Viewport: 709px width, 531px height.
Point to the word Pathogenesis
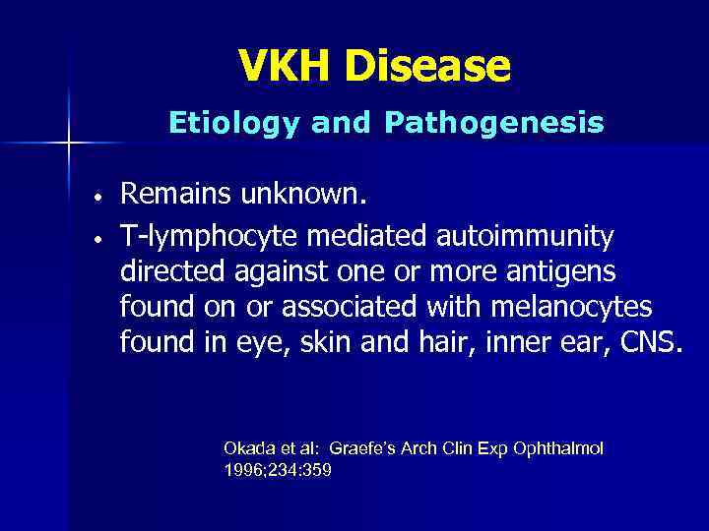(x=495, y=123)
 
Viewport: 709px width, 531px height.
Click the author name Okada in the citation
(x=246, y=448)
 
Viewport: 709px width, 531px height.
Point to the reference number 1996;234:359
(x=278, y=470)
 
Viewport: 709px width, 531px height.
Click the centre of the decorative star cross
(x=69, y=144)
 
